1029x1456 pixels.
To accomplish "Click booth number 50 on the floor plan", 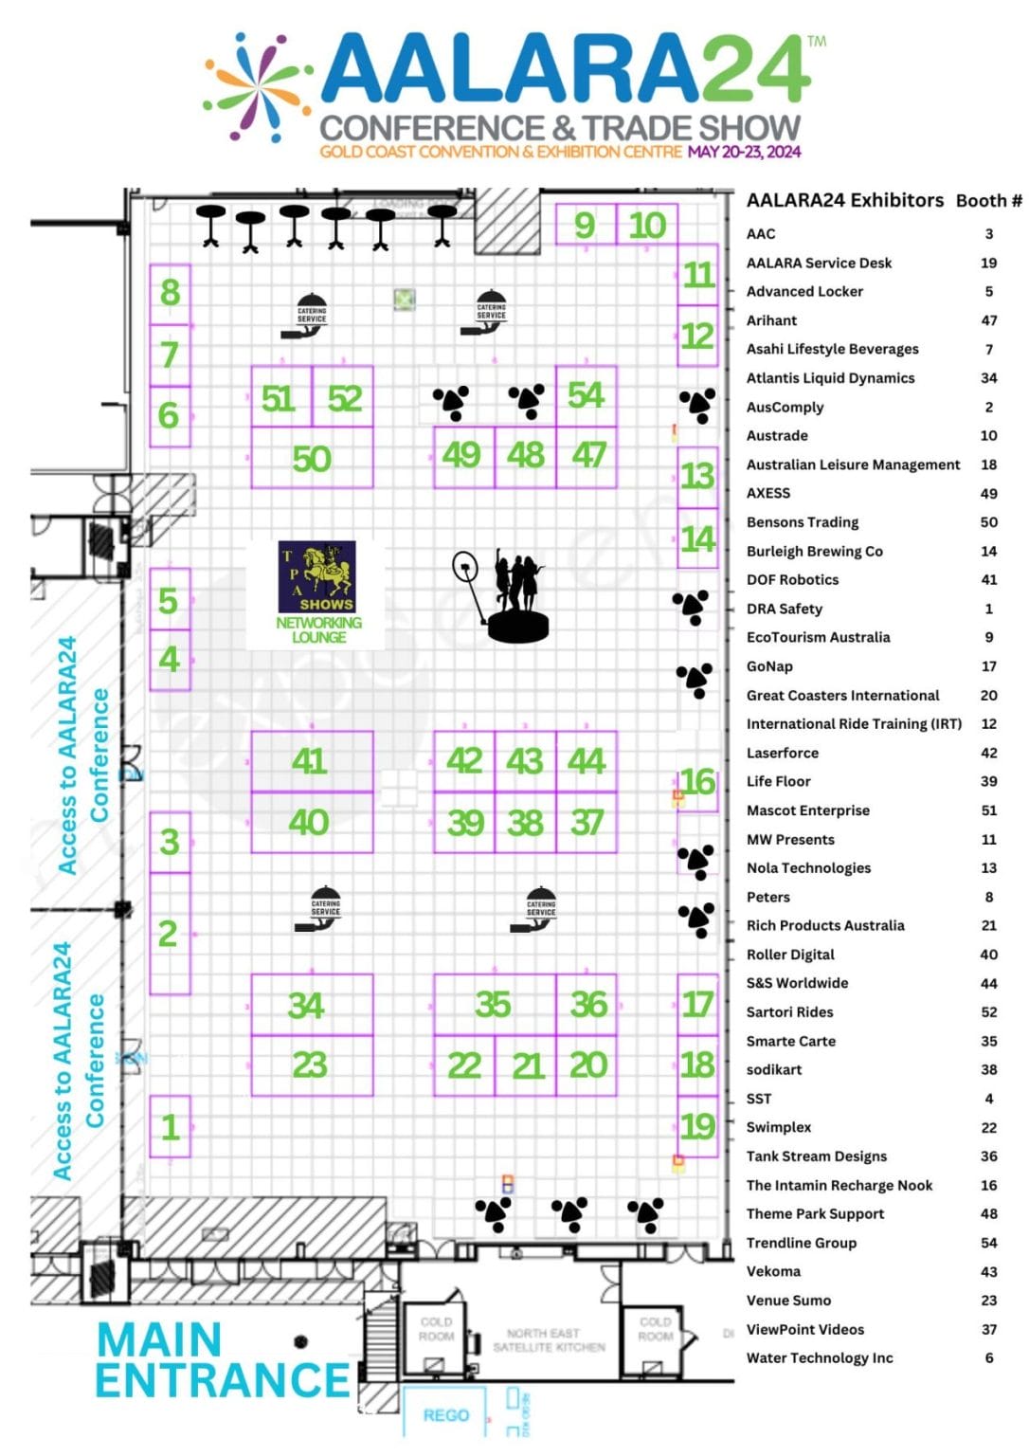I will [311, 459].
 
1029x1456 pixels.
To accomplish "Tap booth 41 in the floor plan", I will [310, 761].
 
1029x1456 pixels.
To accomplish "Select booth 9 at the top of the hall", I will [585, 226].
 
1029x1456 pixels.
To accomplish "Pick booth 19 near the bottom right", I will [697, 1126].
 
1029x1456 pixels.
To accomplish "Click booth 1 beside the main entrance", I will [170, 1127].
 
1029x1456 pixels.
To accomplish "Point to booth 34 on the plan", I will [306, 1005].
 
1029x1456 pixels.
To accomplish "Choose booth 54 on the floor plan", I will [586, 395].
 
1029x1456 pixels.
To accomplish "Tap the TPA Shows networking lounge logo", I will [316, 577].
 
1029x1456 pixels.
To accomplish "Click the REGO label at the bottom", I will [445, 1415].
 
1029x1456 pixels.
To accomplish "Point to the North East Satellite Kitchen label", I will [549, 1340].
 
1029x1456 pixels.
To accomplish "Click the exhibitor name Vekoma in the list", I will [773, 1271].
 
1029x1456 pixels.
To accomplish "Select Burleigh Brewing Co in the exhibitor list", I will [814, 551].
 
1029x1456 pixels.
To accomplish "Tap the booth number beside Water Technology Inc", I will [988, 1357].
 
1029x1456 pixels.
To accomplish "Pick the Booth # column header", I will [988, 201].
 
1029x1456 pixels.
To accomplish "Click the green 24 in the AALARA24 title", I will [753, 70].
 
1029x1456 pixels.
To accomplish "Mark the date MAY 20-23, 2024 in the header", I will [744, 152].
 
